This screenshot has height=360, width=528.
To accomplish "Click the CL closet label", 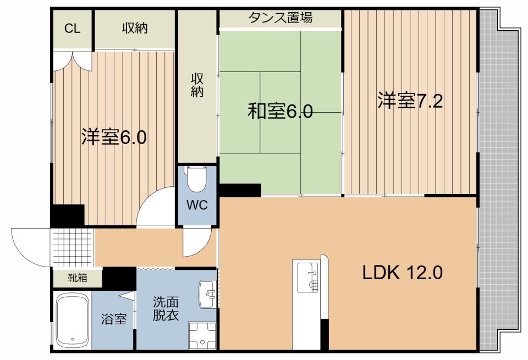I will click(x=72, y=29).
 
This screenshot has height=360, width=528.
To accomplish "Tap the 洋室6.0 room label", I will click(x=114, y=137).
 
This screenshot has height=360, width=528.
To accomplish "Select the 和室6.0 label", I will click(x=280, y=112).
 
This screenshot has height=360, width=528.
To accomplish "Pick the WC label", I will click(x=196, y=206).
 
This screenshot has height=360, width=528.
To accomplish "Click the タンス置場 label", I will click(x=280, y=18).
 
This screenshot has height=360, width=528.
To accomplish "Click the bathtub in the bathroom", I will click(x=73, y=322).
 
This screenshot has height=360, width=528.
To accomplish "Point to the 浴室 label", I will click(x=114, y=319).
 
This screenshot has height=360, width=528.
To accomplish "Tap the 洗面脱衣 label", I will click(x=166, y=309).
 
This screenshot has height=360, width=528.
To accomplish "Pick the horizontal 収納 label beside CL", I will click(x=135, y=29).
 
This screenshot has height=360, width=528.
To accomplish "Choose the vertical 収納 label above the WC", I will click(x=197, y=85).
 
